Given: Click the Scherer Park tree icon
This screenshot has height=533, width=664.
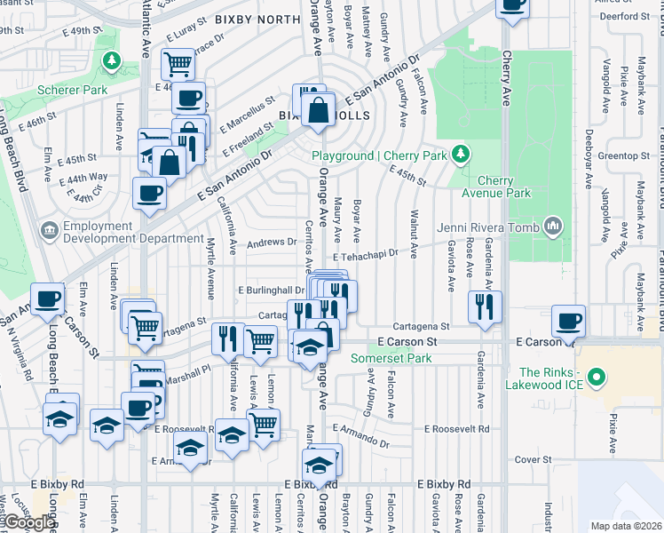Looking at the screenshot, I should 111,60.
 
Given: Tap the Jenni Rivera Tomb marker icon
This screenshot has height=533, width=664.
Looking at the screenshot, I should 553,227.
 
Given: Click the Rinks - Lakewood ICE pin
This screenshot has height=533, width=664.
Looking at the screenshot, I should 597,378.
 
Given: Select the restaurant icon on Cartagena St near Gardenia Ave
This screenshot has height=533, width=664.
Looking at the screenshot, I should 485,308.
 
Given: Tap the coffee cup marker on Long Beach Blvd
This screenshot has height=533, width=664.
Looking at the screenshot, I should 47,299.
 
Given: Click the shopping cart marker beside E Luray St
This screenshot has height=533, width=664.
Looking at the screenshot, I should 178,64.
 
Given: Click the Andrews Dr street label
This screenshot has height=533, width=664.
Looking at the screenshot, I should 272,241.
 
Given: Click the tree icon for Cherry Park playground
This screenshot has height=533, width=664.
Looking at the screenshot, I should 460,155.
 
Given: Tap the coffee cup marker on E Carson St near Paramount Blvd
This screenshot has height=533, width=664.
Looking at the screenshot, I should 568,322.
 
